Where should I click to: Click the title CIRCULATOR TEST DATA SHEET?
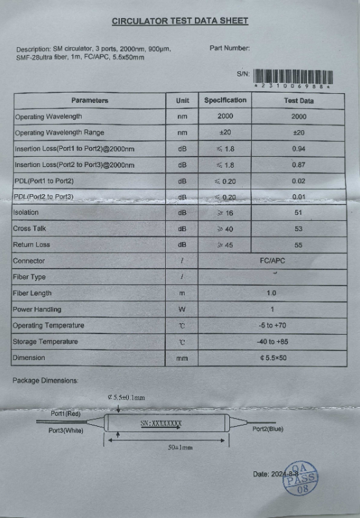(x=179, y=21)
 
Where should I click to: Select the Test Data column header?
(x=298, y=100)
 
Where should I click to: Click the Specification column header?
(x=225, y=100)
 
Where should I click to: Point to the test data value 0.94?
(x=298, y=149)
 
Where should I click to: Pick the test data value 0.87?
(x=298, y=165)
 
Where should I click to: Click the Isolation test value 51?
(x=298, y=212)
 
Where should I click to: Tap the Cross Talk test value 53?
(x=298, y=229)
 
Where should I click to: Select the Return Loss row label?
(x=31, y=245)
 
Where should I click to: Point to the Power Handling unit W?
(x=182, y=310)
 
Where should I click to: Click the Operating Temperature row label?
(x=49, y=326)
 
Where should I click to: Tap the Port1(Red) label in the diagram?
(x=65, y=413)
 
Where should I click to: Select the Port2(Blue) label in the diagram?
(x=267, y=429)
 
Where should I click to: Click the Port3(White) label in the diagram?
(x=66, y=431)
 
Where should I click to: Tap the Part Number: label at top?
(x=230, y=48)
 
